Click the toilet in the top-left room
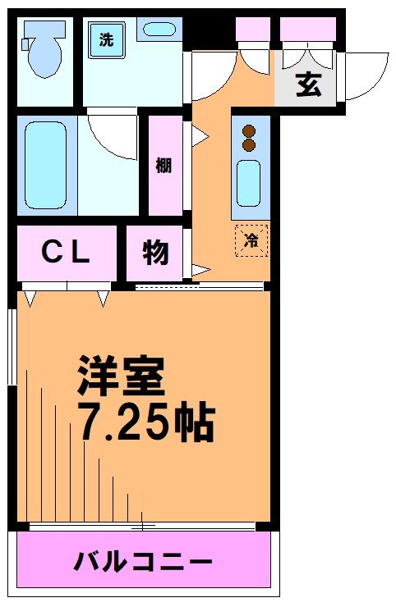coord(42,49)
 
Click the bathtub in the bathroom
coord(46,165)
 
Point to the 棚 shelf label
coord(164,165)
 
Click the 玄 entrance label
coord(308,84)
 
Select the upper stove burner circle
coord(250,130)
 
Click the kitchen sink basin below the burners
coord(250,183)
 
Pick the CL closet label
coord(66,253)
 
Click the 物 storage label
coord(155,253)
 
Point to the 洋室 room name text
coord(122,377)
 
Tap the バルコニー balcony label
coord(144,563)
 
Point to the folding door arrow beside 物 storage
coord(200,269)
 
